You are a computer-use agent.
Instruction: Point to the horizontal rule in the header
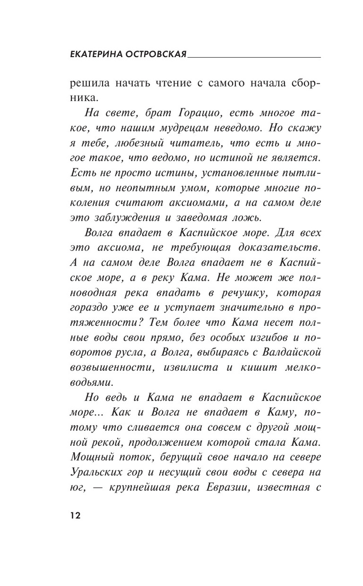click(254, 57)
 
